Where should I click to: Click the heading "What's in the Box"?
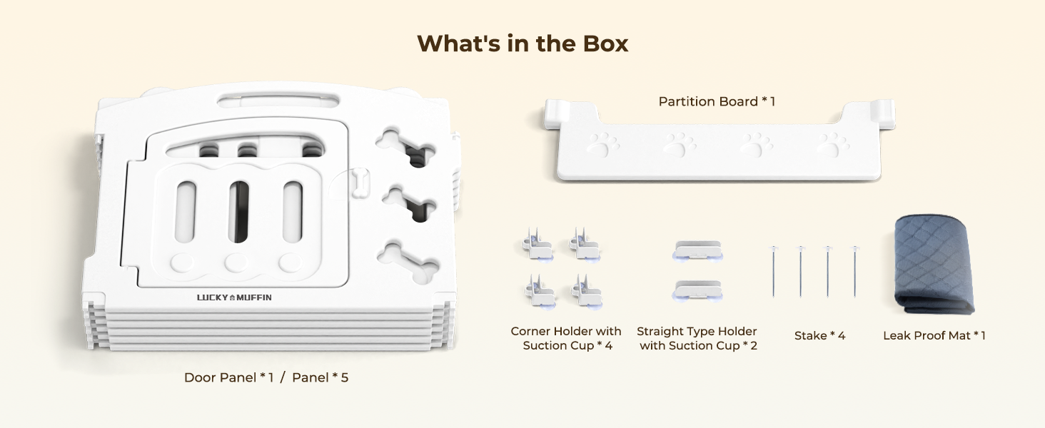pos(522,44)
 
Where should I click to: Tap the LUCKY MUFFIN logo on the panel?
pos(234,297)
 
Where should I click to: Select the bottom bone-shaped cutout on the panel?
pos(408,263)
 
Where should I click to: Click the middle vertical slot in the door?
pos(239,211)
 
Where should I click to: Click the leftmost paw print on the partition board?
pos(602,144)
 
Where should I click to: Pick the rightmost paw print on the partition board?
pos(832,144)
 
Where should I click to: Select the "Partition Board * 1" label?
pos(717,101)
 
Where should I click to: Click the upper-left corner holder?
pos(537,244)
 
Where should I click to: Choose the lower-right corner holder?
pos(587,291)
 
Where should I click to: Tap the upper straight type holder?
pos(697,250)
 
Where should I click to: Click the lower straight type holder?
pos(697,290)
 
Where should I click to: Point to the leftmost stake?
pos(774,271)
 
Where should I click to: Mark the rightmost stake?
pos(854,271)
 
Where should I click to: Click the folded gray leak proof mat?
pos(932,264)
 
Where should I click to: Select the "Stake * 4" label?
pos(819,336)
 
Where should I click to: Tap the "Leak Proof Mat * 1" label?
pos(934,336)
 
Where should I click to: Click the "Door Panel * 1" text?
pos(228,377)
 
